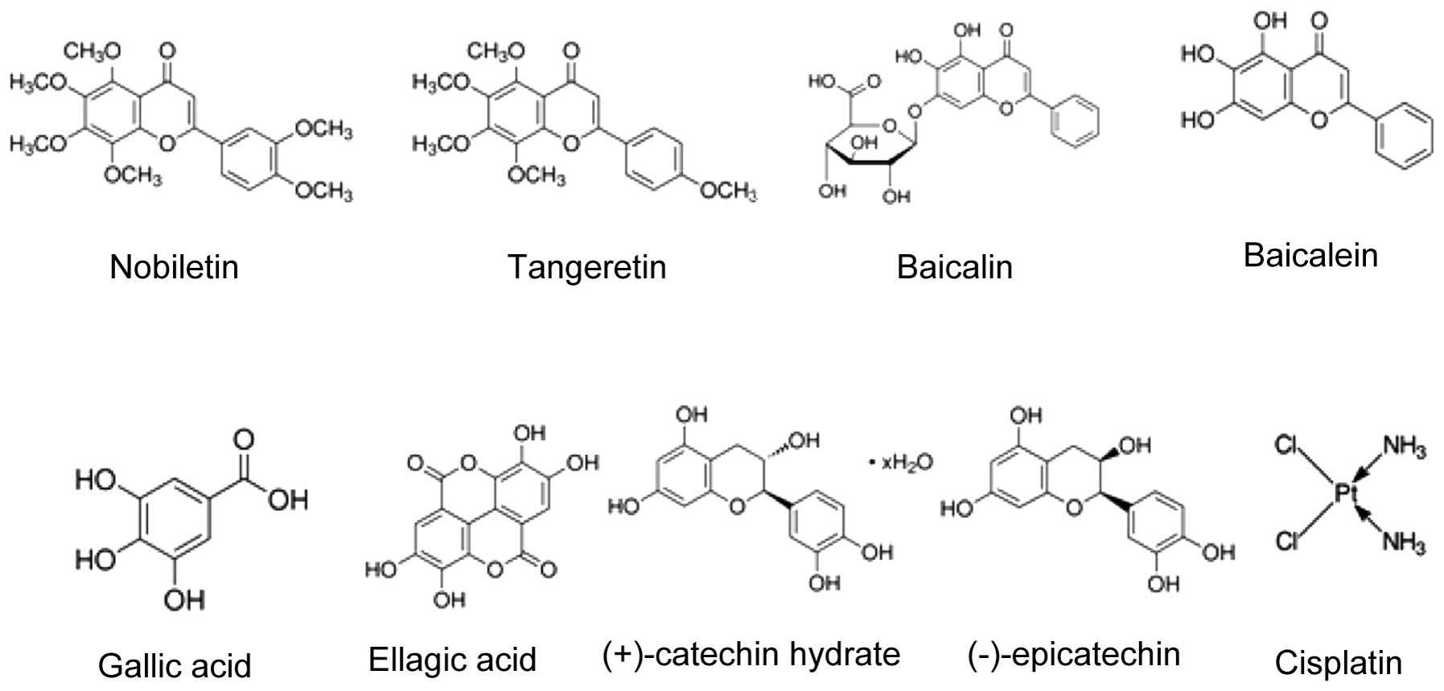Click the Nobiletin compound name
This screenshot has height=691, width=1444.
(x=174, y=266)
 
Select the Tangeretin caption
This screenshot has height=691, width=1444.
(x=587, y=266)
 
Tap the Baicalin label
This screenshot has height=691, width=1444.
(x=954, y=266)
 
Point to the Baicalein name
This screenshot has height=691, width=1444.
(x=1310, y=255)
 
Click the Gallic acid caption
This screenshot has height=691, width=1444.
(x=175, y=665)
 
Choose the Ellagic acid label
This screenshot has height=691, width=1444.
(x=452, y=660)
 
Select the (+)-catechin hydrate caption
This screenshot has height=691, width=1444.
(x=751, y=654)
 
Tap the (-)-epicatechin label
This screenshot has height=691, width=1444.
(x=1074, y=654)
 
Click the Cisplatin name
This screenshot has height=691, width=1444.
(x=1339, y=663)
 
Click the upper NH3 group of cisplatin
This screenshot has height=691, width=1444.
(x=1404, y=446)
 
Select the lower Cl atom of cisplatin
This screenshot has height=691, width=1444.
(x=1288, y=541)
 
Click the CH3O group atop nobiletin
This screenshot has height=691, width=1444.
(x=93, y=51)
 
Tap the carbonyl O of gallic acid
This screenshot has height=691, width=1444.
(x=243, y=439)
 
